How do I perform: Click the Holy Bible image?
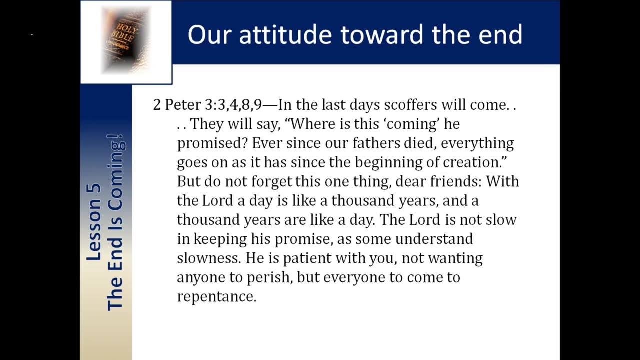click(126, 40)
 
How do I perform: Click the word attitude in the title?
click(285, 34)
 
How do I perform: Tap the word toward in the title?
click(381, 34)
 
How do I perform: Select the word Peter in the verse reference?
click(183, 105)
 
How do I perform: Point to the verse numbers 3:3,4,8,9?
click(233, 105)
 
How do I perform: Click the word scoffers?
click(410, 105)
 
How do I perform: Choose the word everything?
click(477, 143)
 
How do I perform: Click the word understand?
click(434, 239)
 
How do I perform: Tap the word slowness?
click(209, 258)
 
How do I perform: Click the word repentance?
click(217, 297)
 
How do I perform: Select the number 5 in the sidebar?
click(94, 188)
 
